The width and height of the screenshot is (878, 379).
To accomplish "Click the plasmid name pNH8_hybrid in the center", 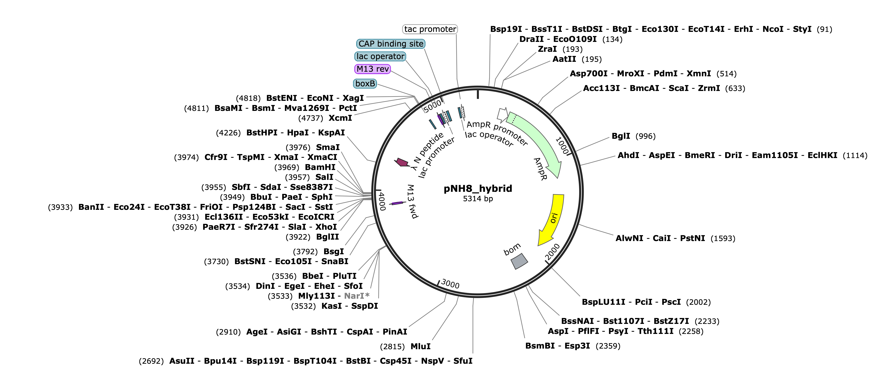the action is point(478,189).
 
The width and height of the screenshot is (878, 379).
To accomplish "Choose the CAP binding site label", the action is point(391,44).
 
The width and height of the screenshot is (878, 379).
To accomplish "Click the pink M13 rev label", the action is point(373,69).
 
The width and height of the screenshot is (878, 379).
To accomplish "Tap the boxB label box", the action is point(365,83).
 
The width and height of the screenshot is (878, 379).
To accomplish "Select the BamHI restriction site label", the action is point(320,167).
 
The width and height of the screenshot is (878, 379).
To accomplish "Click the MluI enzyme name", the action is point(421,346).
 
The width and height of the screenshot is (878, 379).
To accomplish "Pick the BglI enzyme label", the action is point(621,136).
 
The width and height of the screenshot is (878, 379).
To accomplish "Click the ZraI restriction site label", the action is point(547,49).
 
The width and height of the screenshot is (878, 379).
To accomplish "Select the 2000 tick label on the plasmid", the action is point(552,252).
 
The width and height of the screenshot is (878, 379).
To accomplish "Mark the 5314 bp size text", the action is point(478,199).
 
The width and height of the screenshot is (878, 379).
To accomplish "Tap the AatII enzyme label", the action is point(564,59).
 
